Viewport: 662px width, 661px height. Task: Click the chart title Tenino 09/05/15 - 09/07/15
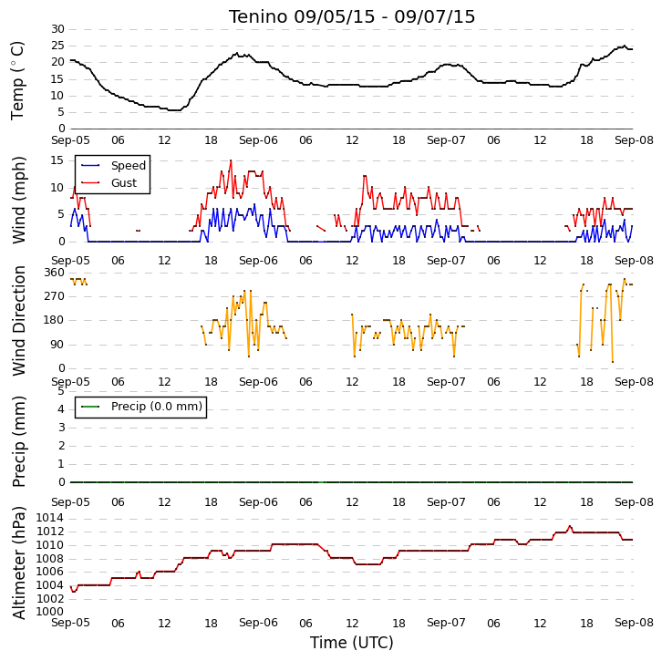[352, 17]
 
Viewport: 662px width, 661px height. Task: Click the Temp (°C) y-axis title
[17, 80]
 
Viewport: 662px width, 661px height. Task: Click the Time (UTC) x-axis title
[352, 643]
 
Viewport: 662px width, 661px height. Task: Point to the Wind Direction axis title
[19, 321]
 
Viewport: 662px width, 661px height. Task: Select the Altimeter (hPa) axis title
[19, 563]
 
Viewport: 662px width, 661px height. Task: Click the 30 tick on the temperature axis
[57, 29]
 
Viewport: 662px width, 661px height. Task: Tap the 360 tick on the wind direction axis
[55, 273]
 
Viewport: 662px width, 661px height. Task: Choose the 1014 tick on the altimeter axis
[50, 518]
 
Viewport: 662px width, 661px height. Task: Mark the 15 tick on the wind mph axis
[57, 160]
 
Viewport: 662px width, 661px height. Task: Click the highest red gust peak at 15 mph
[231, 160]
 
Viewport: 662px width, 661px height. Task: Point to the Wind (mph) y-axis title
[19, 200]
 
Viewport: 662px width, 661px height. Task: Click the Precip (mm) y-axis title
[19, 441]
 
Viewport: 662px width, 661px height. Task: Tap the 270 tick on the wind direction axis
[55, 296]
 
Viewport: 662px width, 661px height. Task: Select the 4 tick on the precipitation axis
[61, 409]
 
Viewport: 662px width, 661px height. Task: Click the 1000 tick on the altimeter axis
[50, 612]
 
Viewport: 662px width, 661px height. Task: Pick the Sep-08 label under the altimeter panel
[634, 623]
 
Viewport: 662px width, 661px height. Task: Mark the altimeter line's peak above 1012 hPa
[570, 526]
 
